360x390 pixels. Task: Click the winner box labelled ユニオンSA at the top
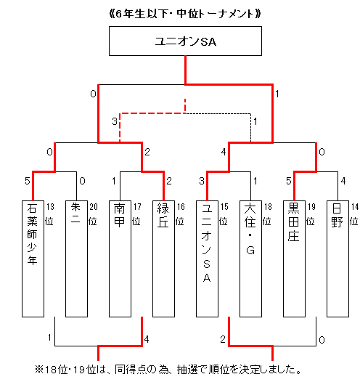[185, 41]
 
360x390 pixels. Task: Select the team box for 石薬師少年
[33, 259]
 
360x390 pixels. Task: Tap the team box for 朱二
[77, 259]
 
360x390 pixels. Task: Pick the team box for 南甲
[120, 259]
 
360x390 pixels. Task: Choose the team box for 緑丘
[163, 259]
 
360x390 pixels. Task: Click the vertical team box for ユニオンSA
[207, 259]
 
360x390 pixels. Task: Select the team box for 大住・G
[250, 259]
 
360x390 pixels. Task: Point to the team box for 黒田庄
[294, 259]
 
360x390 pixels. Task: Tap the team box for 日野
[337, 259]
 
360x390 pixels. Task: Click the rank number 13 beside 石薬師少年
[50, 207]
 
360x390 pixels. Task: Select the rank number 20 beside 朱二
[94, 207]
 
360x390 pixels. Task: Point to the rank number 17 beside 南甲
[137, 207]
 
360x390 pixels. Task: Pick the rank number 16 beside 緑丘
[181, 207]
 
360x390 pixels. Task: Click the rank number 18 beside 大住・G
[268, 207]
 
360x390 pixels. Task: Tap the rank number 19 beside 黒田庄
[311, 207]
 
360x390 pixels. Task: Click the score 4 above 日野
[343, 181]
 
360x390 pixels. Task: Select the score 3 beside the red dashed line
[115, 121]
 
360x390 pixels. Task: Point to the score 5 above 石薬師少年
[28, 181]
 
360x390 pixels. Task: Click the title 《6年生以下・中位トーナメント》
[185, 14]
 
